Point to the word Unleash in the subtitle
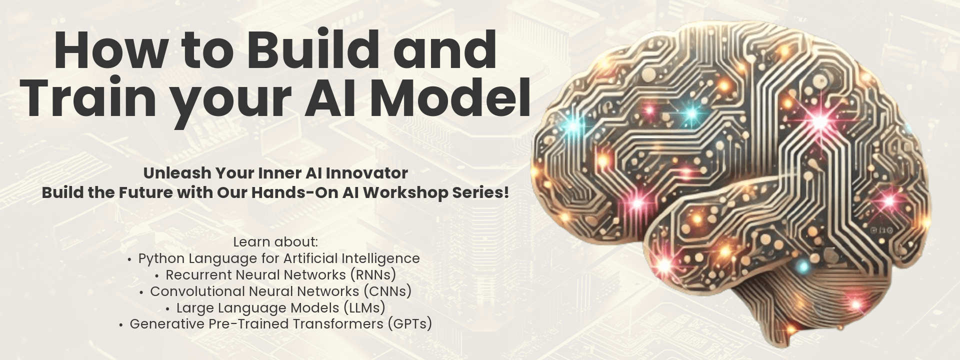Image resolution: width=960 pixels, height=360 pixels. tap(177, 173)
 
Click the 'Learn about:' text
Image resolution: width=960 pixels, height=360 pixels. tap(275, 242)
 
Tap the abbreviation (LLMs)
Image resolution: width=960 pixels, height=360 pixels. tap(364, 308)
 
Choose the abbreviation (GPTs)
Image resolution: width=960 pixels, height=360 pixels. tap(409, 324)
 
